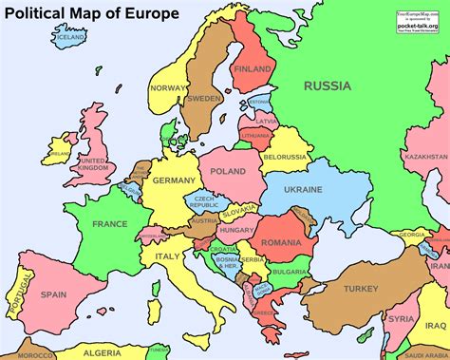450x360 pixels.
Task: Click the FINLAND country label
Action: pos(253,69)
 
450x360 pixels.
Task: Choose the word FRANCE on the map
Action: pos(110,223)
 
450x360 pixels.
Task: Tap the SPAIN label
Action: pos(53,294)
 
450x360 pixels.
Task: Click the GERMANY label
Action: pos(174,180)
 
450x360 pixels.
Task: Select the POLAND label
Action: pos(228,171)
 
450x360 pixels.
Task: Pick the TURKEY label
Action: pos(361,288)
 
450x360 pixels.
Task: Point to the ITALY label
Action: pos(168,256)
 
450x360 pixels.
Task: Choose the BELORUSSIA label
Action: pos(283,156)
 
